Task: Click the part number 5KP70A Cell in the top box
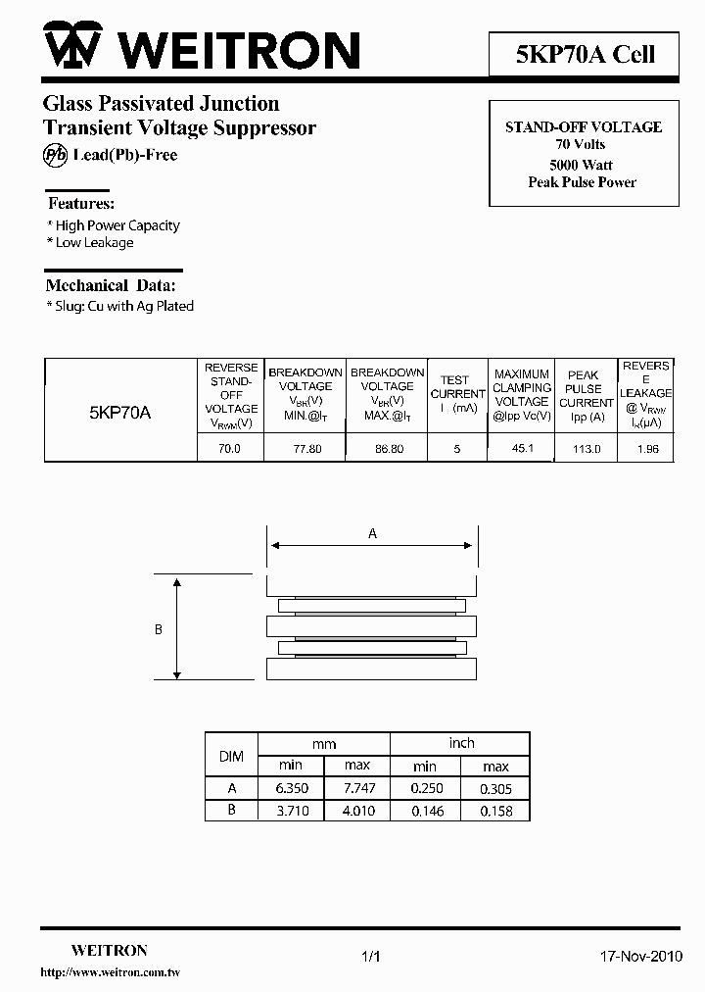coord(585,54)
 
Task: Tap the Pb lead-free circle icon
coord(56,155)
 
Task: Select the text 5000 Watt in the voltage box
coord(582,165)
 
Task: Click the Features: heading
coord(81,204)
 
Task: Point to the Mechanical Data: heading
coord(111,285)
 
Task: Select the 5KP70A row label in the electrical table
coord(119,413)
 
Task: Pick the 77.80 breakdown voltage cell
coord(306,449)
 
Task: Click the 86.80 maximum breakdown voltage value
coord(388,449)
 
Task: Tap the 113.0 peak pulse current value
coord(587,449)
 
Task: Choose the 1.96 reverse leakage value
coord(647,449)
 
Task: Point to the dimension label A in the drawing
coord(372,534)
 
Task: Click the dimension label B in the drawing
coord(159,630)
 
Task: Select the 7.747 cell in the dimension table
coord(357,788)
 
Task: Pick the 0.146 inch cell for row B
coord(425,811)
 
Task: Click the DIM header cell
coord(230,755)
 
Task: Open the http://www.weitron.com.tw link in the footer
coord(110,972)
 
